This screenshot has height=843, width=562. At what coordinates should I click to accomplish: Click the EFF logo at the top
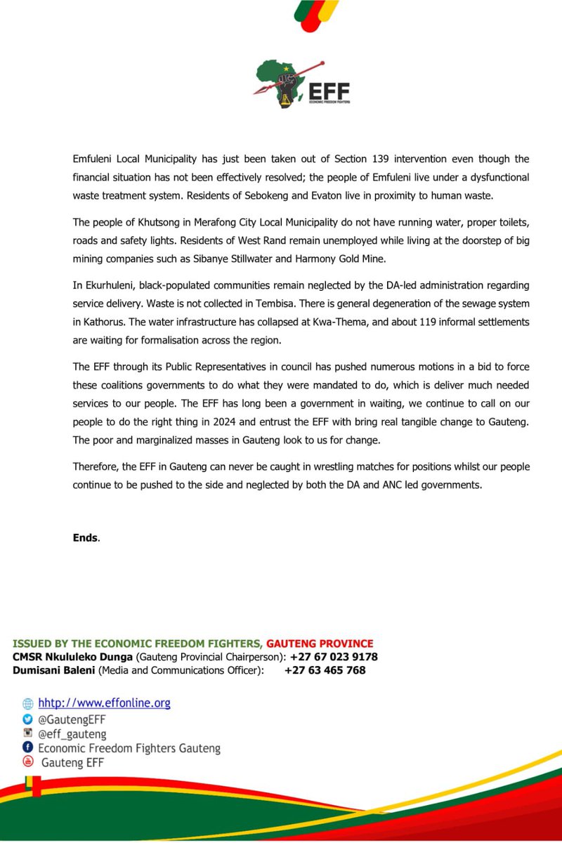pos(301,87)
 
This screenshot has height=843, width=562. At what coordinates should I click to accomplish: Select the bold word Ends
pos(86,537)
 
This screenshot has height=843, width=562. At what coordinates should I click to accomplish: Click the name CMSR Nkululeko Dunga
pos(72,657)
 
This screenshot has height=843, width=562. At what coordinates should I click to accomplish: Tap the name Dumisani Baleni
pos(53,670)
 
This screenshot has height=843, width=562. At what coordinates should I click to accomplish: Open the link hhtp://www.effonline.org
pos(104,702)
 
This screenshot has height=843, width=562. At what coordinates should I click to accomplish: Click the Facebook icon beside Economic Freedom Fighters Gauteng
pos(28,747)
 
